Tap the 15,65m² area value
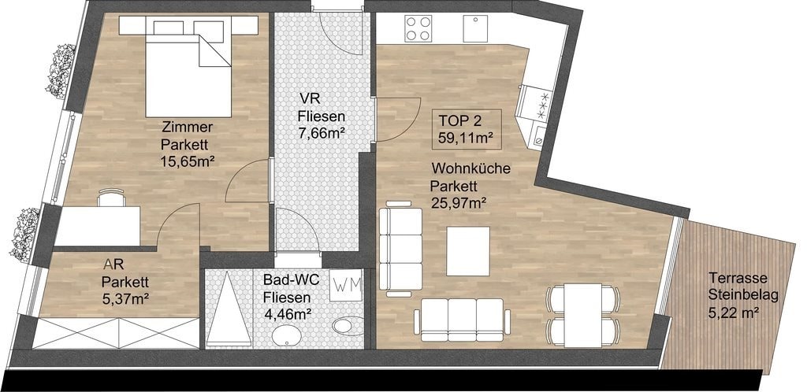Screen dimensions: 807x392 click(188, 161)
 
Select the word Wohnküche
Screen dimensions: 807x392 click(471, 168)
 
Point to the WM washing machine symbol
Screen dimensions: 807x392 click(347, 284)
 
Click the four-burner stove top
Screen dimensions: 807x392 click(418, 28)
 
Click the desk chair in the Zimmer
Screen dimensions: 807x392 click(112, 198)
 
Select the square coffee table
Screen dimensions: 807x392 click(468, 251)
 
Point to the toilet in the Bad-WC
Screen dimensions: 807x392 click(348, 326)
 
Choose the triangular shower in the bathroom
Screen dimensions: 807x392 click(229, 309)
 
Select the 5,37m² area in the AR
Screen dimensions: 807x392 click(125, 297)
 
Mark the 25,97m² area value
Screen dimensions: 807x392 click(459, 203)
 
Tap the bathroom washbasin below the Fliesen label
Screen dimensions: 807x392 click(288, 338)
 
